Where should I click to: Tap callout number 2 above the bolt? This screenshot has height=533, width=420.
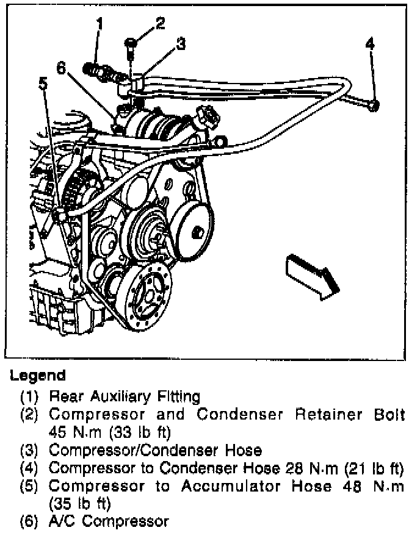159,24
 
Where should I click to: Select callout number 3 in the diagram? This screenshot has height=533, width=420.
181,44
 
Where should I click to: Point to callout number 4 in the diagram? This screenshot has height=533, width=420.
371,44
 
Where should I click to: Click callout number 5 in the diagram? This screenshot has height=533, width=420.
43,82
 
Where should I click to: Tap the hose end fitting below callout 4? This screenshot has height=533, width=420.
374,107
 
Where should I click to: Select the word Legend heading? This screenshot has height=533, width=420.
37,375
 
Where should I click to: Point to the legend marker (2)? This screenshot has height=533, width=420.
29,415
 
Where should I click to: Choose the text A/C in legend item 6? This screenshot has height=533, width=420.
60,521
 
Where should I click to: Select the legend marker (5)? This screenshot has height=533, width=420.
29,487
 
